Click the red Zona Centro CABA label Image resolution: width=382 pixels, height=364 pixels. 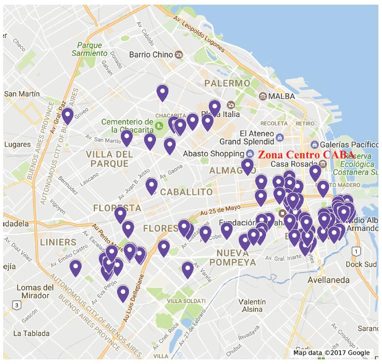tap(306, 155)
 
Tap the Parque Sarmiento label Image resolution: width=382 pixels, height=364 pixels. tap(90, 49)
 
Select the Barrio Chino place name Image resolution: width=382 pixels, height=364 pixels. tap(151, 54)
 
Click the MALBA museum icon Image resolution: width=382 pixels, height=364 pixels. tap(263, 96)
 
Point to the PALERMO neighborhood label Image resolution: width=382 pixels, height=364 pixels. tap(228, 83)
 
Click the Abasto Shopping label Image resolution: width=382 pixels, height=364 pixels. tap(213, 154)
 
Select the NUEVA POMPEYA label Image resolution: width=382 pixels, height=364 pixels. tap(236, 257)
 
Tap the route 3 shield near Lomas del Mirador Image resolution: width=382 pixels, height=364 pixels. tap(17, 305)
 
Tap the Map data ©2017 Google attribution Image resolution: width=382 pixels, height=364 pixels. tap(332, 353)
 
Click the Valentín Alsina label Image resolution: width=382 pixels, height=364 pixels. tap(252, 305)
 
